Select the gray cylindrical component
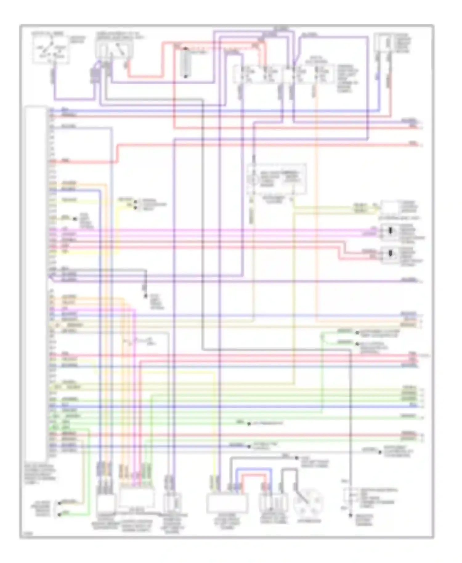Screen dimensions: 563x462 pyautogui.click(x=185, y=63)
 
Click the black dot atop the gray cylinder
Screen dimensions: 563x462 pyautogui.click(x=185, y=49)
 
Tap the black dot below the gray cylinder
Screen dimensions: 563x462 pyautogui.click(x=185, y=76)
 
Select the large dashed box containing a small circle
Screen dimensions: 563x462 pyautogui.click(x=277, y=179)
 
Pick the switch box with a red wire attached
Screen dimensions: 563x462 pyautogui.click(x=114, y=49)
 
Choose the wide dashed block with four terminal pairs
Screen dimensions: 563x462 pyautogui.click(x=283, y=74)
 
